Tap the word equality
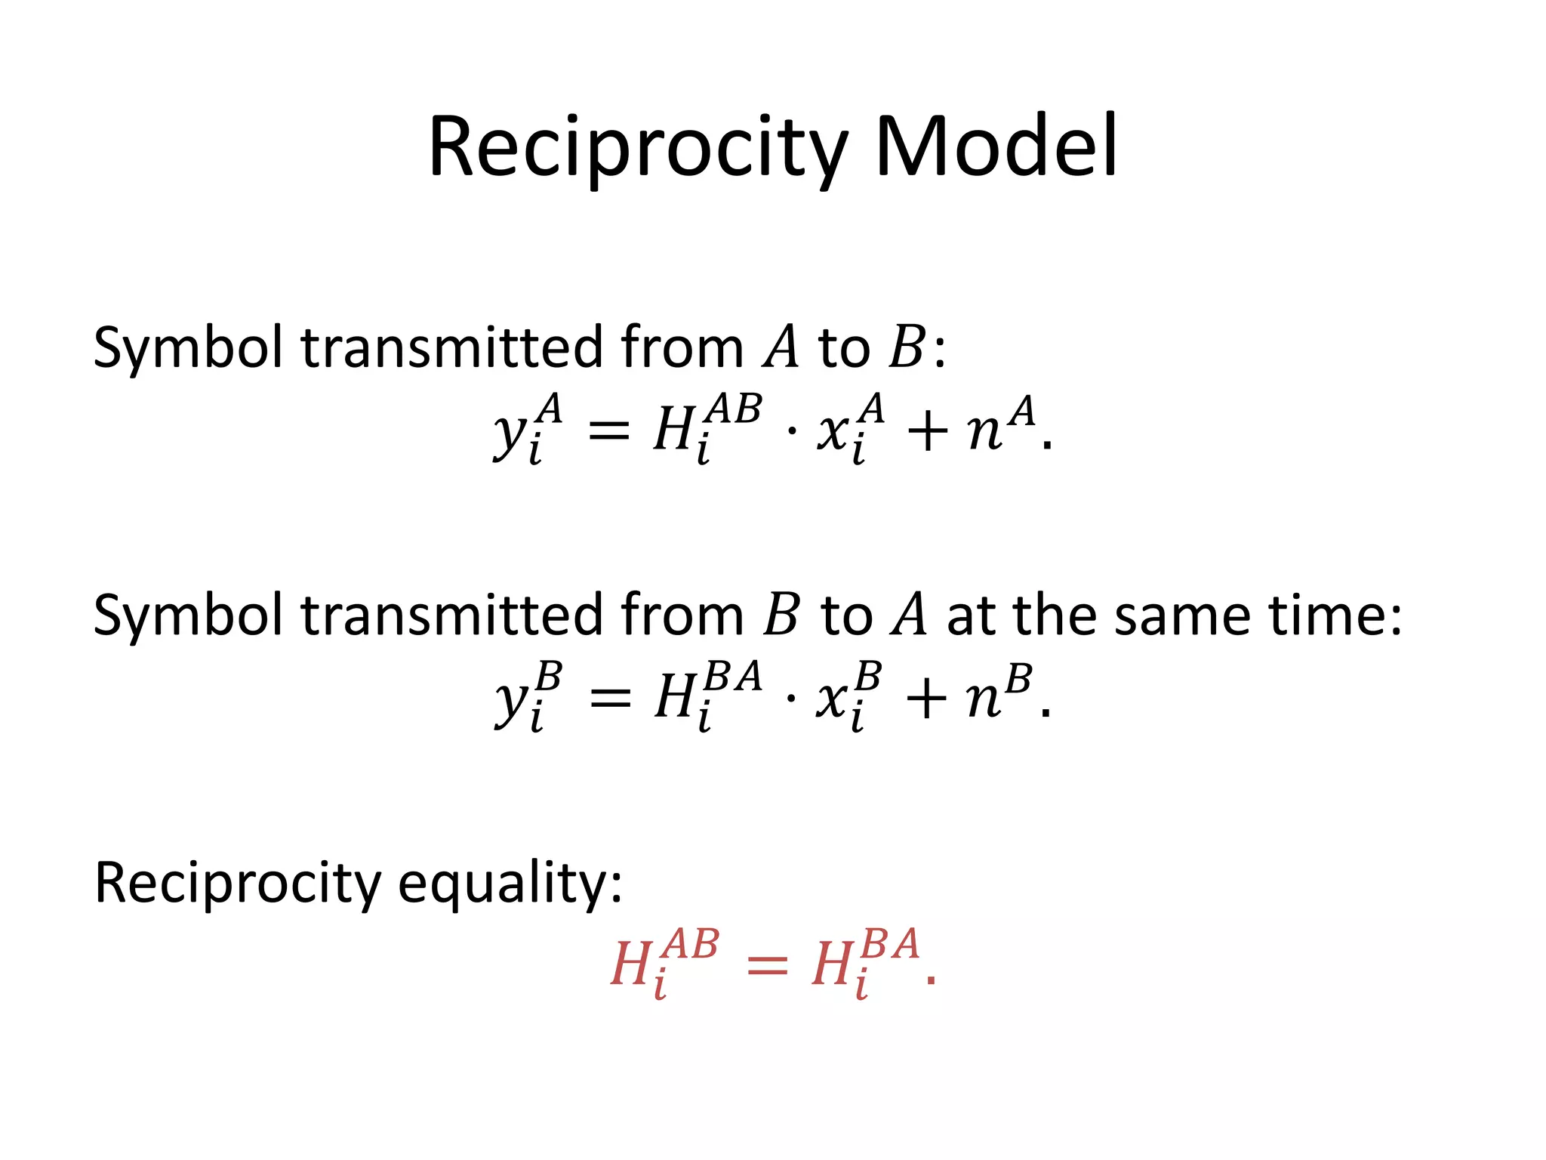tap(510, 884)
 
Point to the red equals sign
tap(766, 966)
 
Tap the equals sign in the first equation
tap(608, 432)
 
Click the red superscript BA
tap(891, 944)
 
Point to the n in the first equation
tap(984, 433)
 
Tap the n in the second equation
tap(983, 700)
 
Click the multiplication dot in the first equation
tap(791, 432)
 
